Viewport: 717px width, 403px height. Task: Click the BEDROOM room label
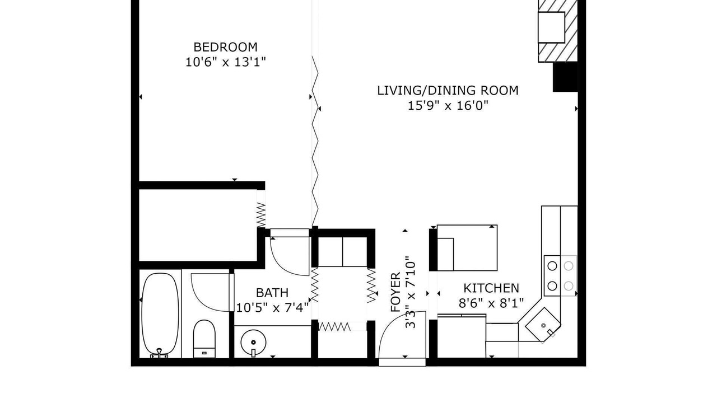click(x=225, y=47)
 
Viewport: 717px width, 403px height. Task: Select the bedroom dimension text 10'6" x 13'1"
click(x=226, y=62)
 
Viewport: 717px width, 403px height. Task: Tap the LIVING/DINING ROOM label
click(x=448, y=91)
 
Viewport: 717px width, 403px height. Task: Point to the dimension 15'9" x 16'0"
click(x=448, y=106)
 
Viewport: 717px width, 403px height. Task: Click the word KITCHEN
click(x=491, y=288)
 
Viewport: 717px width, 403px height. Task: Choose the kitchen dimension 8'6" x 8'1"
click(x=491, y=303)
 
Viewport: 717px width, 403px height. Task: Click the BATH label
click(x=272, y=293)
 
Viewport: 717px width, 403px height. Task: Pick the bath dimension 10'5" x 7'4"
click(x=272, y=308)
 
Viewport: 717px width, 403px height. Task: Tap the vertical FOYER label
click(x=395, y=292)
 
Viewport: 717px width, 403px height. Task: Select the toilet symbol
click(x=204, y=339)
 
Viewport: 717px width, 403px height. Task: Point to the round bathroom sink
click(x=253, y=343)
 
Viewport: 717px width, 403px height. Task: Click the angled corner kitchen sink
click(x=543, y=325)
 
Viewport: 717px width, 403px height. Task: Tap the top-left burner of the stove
click(x=552, y=266)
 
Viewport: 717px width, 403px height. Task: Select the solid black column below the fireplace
click(x=565, y=77)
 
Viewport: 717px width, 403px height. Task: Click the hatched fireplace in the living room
click(x=557, y=31)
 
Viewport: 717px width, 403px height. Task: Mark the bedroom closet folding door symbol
click(x=261, y=214)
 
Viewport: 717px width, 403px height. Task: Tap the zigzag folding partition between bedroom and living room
click(x=315, y=140)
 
